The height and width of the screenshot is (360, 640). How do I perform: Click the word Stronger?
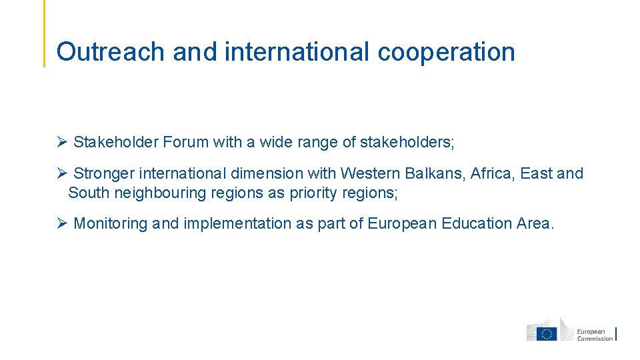pyautogui.click(x=103, y=174)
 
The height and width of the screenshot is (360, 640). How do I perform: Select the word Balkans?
pyautogui.click(x=434, y=174)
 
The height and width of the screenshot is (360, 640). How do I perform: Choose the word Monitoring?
pyautogui.click(x=111, y=224)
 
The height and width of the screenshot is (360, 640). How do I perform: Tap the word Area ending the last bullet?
pyautogui.click(x=534, y=224)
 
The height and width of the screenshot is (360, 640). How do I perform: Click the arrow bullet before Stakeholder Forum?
pyautogui.click(x=61, y=142)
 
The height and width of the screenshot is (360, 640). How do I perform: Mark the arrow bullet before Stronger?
pyautogui.click(x=61, y=174)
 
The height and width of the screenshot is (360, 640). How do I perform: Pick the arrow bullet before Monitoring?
pyautogui.click(x=61, y=224)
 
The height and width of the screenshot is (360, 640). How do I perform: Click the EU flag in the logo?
pyautogui.click(x=547, y=333)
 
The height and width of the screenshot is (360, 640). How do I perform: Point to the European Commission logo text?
pyautogui.click(x=594, y=335)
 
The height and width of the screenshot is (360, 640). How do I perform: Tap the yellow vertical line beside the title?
pyautogui.click(x=45, y=33)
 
